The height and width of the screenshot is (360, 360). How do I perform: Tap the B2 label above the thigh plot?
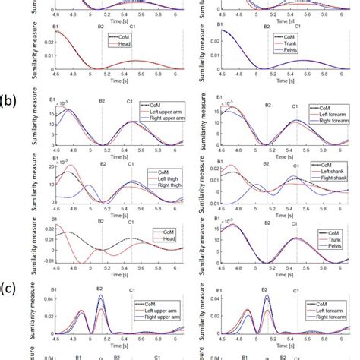click(x=101, y=163)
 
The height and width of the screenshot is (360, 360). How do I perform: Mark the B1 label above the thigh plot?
click(x=52, y=163)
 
